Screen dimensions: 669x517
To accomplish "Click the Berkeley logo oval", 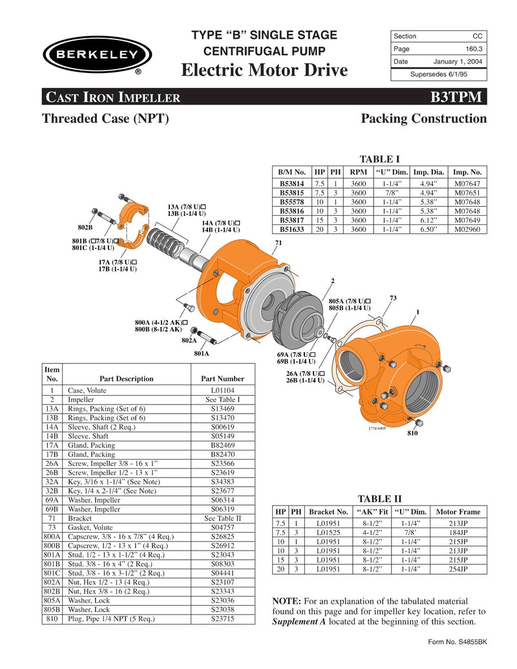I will pyautogui.click(x=97, y=54).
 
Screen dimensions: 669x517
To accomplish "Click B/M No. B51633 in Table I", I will pyautogui.click(x=293, y=229).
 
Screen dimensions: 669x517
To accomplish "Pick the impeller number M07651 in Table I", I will pyautogui.click(x=467, y=193).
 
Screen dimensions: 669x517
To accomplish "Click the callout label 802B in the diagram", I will pyautogui.click(x=85, y=228).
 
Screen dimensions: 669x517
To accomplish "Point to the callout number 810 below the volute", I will pyautogui.click(x=412, y=432).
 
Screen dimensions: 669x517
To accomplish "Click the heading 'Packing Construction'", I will pyautogui.click(x=423, y=118).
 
